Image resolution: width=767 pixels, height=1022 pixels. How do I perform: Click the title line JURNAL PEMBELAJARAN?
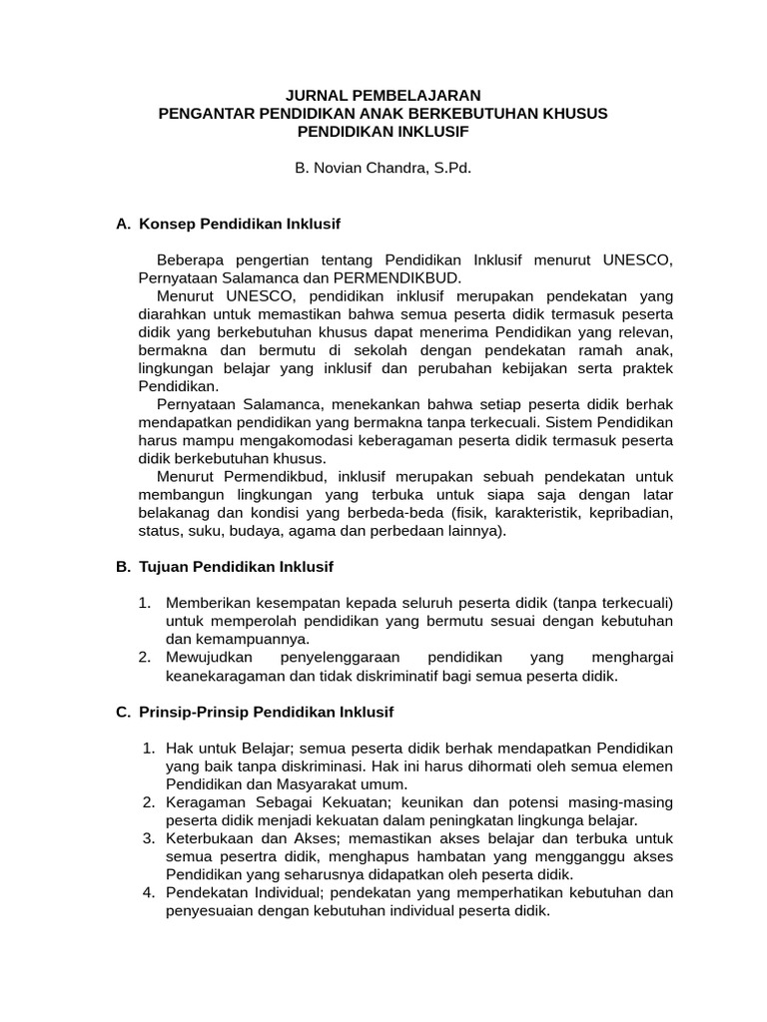point(383,95)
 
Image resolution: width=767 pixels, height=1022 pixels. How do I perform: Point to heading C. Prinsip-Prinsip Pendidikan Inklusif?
point(255,712)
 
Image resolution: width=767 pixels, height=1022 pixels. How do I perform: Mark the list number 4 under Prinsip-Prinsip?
point(147,892)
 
